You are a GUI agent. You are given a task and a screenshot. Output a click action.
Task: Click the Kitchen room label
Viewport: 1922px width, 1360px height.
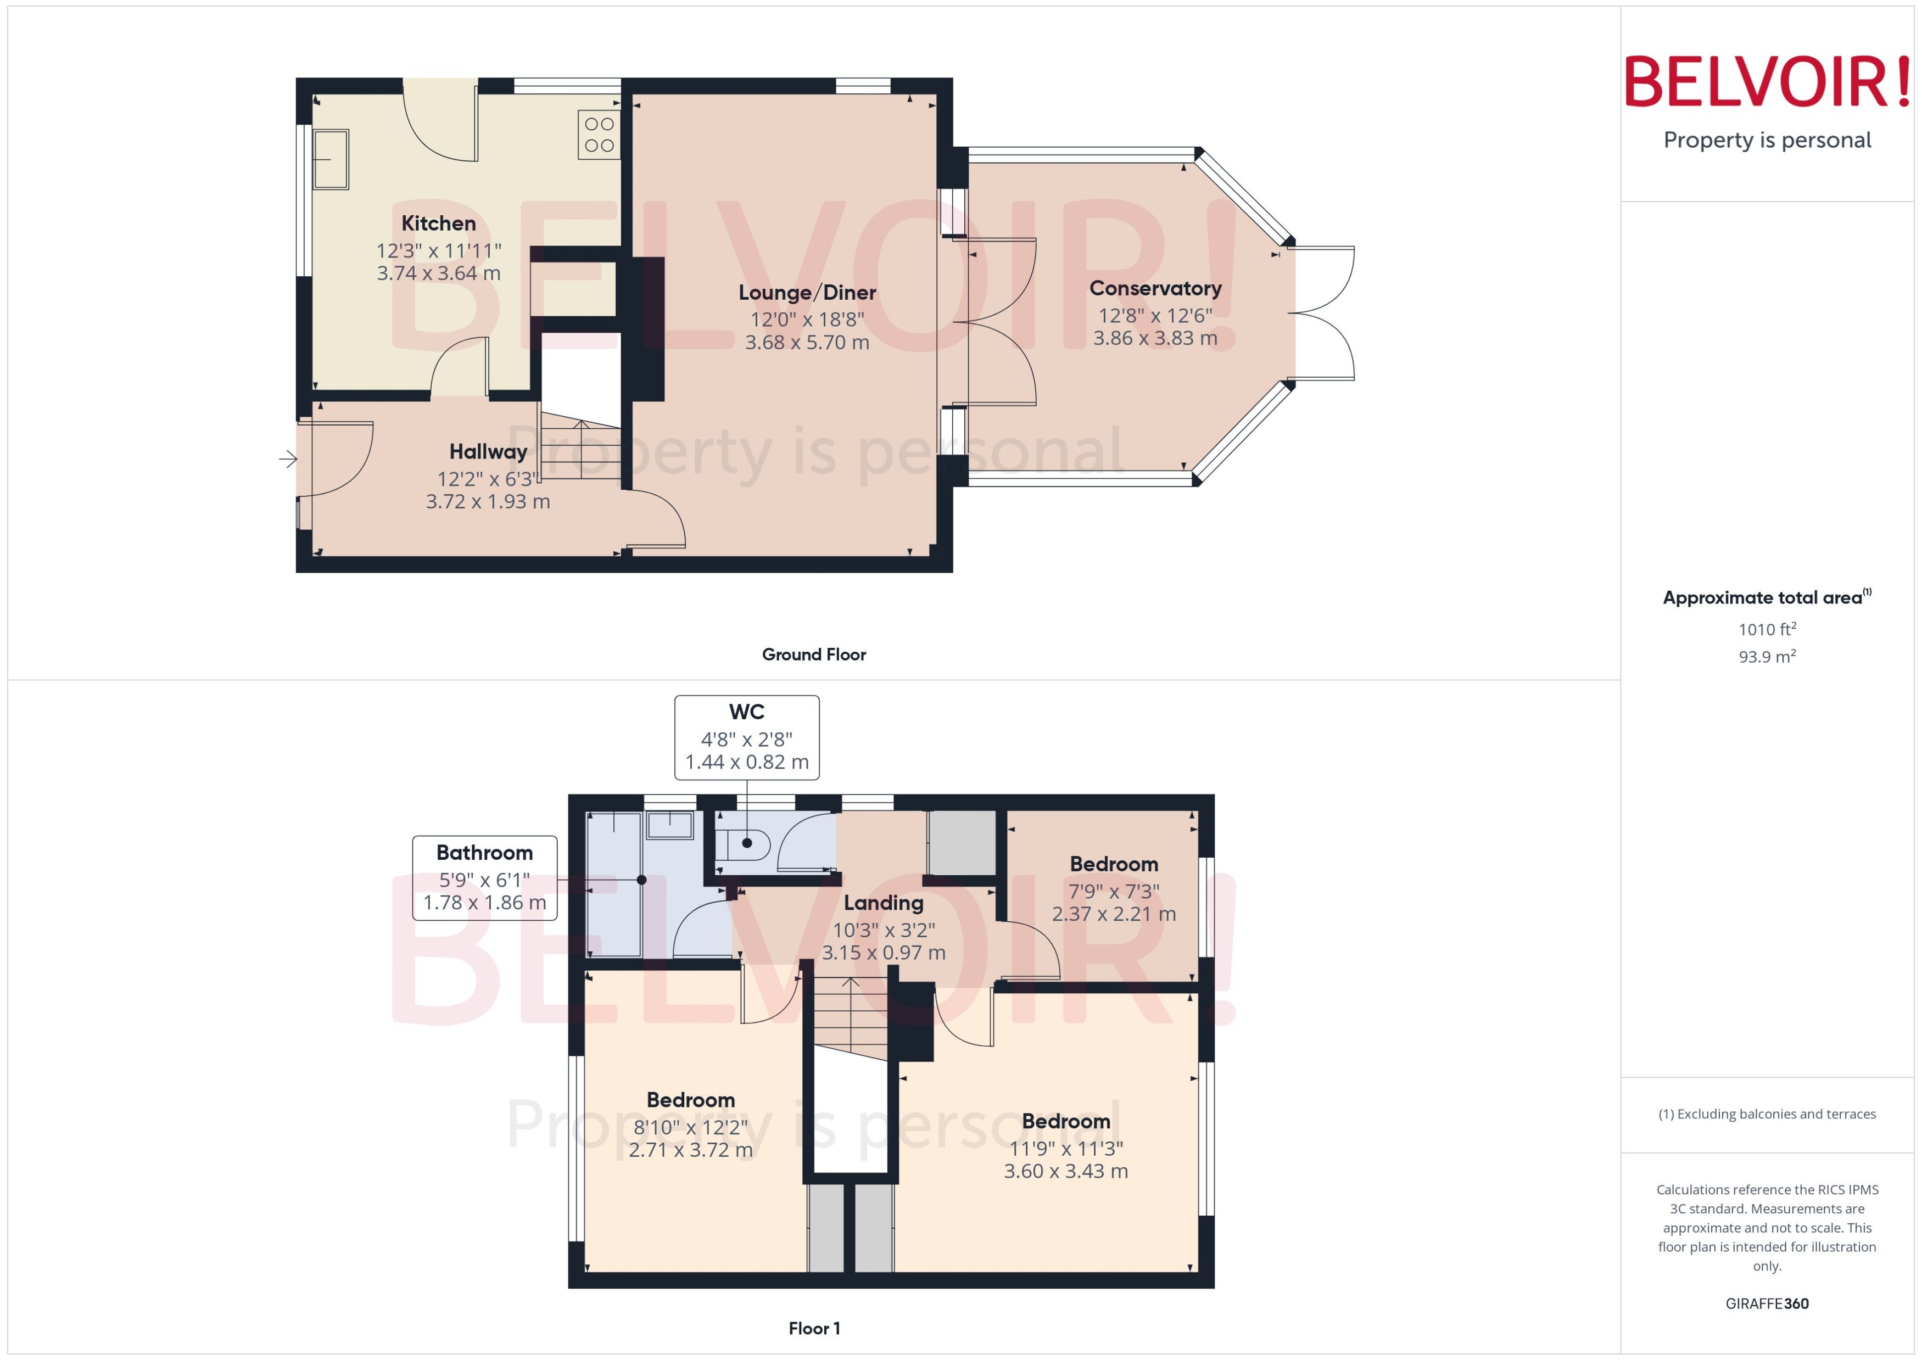click(438, 223)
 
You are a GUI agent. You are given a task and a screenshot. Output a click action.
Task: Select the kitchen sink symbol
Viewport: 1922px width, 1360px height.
click(331, 159)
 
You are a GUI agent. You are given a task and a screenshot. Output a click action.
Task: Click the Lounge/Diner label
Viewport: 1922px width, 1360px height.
click(807, 292)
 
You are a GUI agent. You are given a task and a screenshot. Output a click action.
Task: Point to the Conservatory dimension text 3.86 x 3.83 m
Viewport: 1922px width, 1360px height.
click(1155, 338)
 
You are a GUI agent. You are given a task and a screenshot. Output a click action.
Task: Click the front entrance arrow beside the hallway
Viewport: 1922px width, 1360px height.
click(288, 459)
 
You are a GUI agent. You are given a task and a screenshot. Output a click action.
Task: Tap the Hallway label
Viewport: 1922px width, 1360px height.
click(488, 452)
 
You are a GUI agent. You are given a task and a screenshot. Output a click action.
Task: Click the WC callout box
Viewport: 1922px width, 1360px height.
click(746, 737)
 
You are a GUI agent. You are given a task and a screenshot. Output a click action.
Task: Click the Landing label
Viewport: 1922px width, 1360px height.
click(884, 903)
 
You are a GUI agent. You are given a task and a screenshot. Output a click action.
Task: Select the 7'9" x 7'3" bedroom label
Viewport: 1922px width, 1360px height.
click(1114, 864)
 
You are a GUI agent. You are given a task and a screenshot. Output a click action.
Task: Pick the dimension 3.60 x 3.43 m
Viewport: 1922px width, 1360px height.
click(1065, 1172)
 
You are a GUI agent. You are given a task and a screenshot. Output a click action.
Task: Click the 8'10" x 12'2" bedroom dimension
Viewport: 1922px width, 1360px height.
click(690, 1127)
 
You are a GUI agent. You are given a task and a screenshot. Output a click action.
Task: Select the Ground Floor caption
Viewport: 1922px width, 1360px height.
click(813, 655)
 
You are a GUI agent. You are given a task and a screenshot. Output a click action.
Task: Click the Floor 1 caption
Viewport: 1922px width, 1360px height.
click(813, 1328)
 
